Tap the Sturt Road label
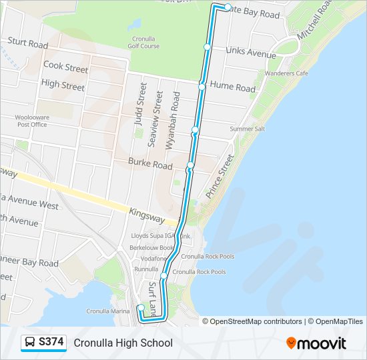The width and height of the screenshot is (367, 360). (x=28, y=44)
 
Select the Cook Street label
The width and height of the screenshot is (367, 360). (x=65, y=67)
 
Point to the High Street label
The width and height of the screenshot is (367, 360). (x=63, y=85)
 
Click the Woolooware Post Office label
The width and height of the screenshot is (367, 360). (x=32, y=121)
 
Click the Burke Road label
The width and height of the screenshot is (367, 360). (x=150, y=164)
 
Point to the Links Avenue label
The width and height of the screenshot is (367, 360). (x=251, y=51)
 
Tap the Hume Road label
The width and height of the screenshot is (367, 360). (x=233, y=87)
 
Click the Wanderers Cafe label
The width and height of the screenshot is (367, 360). (x=286, y=73)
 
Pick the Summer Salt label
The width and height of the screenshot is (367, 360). (x=248, y=129)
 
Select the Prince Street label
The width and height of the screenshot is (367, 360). (x=220, y=177)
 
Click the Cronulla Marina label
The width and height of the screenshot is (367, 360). (x=108, y=311)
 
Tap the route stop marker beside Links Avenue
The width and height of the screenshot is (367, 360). (x=208, y=47)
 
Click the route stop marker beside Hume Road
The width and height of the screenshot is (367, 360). (x=202, y=87)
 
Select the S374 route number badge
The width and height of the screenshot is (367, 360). (x=44, y=343)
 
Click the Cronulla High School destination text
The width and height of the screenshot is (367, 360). (x=123, y=343)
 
